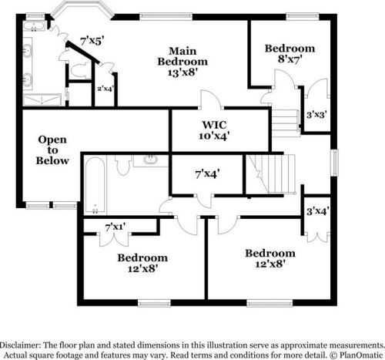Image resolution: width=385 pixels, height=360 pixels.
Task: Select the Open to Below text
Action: tap(53, 150)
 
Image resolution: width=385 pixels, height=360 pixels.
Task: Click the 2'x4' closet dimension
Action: tap(105, 89)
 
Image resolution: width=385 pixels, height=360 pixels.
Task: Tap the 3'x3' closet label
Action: tap(316, 114)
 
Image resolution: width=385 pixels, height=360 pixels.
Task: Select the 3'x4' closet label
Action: tap(317, 210)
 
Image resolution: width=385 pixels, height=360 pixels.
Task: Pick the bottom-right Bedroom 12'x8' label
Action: tap(269, 258)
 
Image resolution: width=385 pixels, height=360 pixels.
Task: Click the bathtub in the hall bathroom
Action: tap(95, 185)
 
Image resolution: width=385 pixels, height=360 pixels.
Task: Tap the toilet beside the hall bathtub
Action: tap(123, 165)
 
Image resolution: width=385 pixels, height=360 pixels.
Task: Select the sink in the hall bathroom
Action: tap(149, 160)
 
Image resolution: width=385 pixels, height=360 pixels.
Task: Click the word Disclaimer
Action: tap(22, 343)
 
